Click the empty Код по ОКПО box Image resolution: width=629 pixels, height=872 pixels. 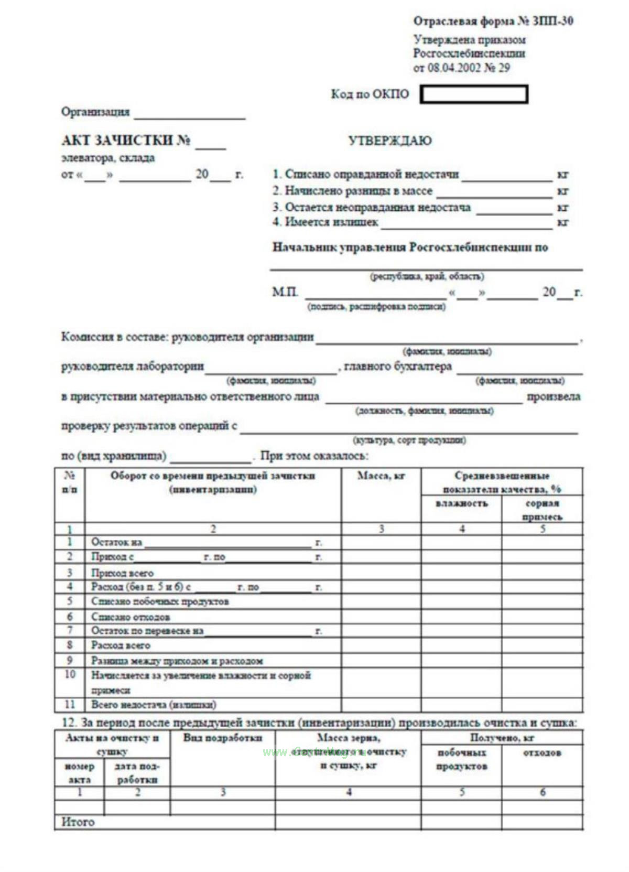tap(474, 94)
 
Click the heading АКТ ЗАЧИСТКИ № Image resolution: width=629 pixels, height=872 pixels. tap(126, 141)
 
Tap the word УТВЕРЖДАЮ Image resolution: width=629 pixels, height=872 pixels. tap(390, 141)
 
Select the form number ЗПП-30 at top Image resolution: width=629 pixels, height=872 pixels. tap(552, 21)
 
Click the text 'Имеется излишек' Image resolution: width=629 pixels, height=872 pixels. tap(331, 222)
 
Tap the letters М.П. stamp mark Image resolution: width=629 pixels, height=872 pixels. tap(285, 292)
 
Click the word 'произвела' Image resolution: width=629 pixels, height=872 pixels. tap(554, 396)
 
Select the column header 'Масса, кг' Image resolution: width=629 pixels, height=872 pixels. tap(381, 476)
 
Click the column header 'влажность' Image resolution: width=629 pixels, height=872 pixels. tap(461, 503)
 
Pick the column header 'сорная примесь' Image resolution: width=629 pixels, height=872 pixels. tap(543, 510)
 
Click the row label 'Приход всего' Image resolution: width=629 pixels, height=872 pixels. tap(122, 573)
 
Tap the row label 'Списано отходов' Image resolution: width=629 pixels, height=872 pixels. tap(131, 617)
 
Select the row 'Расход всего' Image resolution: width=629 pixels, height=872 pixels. tap(121, 645)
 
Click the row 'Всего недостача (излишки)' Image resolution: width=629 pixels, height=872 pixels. tap(154, 705)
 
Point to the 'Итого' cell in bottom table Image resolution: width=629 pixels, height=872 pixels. tap(79, 822)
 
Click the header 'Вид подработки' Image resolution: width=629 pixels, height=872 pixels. tap(223, 738)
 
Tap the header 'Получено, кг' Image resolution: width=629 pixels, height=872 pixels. tap(502, 738)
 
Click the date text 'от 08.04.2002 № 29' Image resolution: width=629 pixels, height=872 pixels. tap(461, 68)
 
